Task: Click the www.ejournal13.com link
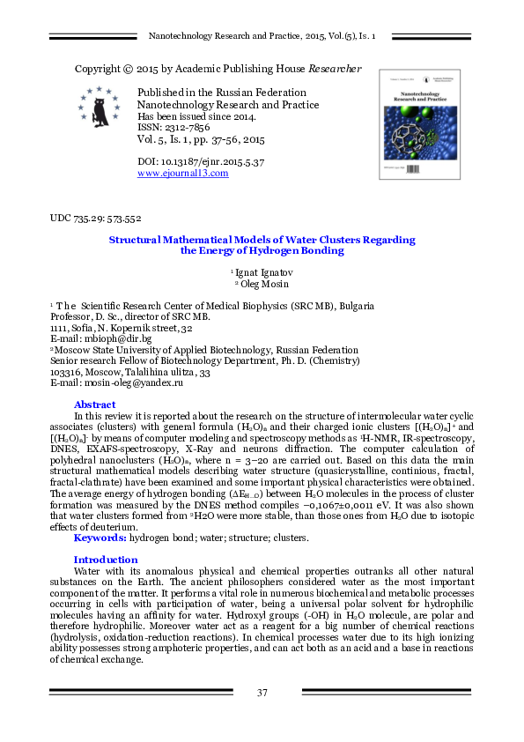click(x=183, y=174)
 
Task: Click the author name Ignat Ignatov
click(x=264, y=272)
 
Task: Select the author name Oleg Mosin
click(x=264, y=284)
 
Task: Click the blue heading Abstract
click(x=94, y=404)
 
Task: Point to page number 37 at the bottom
click(x=262, y=693)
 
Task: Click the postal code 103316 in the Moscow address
click(x=68, y=373)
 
